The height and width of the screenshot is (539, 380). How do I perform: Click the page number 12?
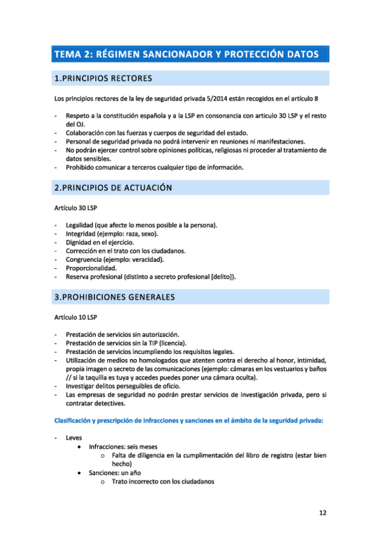[x=323, y=512]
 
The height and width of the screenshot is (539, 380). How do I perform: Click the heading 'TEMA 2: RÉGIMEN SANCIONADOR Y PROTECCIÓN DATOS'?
[x=187, y=55]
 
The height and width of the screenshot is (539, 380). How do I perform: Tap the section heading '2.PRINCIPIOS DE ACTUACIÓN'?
[x=114, y=188]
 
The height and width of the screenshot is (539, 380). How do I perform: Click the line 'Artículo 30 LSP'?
[x=76, y=208]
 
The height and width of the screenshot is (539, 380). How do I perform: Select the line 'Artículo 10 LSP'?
[x=76, y=317]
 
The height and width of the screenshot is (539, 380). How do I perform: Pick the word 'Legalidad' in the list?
[x=81, y=225]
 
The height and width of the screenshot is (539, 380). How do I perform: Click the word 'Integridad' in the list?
[x=82, y=234]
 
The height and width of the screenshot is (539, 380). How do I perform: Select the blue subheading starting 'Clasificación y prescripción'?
[x=189, y=420]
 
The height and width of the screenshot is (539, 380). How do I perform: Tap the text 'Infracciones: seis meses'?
[x=124, y=447]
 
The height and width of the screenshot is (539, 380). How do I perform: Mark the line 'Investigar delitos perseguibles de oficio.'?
[x=123, y=386]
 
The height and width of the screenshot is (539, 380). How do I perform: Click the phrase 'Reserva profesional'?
[x=95, y=276]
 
